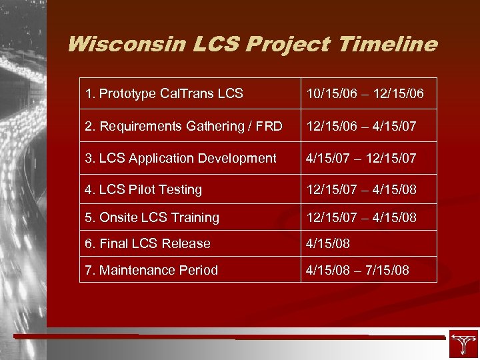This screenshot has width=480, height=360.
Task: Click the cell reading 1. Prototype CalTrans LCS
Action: pos(164,94)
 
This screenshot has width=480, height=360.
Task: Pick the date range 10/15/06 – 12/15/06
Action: pos(365,94)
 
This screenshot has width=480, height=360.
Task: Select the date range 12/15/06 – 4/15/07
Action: pos(361,126)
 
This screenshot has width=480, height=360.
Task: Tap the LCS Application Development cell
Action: pos(181,158)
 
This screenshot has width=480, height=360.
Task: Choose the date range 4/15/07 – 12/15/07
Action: pos(361,158)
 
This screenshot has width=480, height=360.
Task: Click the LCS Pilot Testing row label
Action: pos(143,190)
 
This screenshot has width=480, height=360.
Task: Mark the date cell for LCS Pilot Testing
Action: pos(361,190)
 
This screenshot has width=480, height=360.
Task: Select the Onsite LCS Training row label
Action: pos(152,218)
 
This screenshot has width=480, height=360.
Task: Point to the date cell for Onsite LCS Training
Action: pos(361,218)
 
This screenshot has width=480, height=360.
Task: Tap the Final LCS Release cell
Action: pos(147,244)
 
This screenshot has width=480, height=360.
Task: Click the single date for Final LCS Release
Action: pos(328,244)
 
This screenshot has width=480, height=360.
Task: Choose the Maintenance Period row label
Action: pos(151,270)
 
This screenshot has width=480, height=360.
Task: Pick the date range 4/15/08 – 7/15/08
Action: pos(357,270)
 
